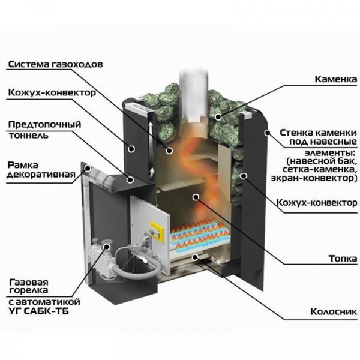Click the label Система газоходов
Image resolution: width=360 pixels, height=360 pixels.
click(x=59, y=64)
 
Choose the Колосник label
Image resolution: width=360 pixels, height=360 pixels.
click(x=333, y=312)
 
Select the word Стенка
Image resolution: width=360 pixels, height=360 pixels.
click(x=297, y=132)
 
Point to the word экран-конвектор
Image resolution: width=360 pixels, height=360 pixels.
click(x=318, y=179)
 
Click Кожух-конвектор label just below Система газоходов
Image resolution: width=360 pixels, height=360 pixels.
click(x=52, y=94)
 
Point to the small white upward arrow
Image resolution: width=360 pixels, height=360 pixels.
click(x=152, y=173)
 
